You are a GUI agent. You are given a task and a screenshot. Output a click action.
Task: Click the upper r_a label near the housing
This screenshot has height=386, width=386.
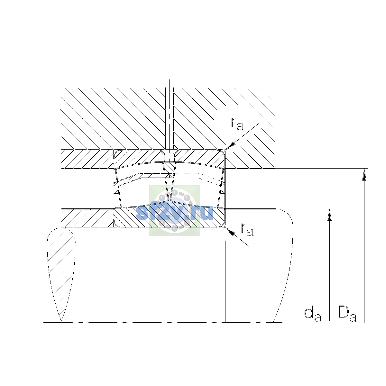tap(237, 124)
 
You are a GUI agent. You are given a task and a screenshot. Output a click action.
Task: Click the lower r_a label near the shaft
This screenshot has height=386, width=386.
tap(247, 229)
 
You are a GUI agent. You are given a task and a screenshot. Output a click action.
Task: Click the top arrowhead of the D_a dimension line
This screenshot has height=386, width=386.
tap(364, 174)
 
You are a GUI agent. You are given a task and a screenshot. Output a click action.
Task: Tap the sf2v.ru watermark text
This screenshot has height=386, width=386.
tap(174, 213)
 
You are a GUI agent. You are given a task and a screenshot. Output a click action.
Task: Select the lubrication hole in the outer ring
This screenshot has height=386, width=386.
tap(169, 157)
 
